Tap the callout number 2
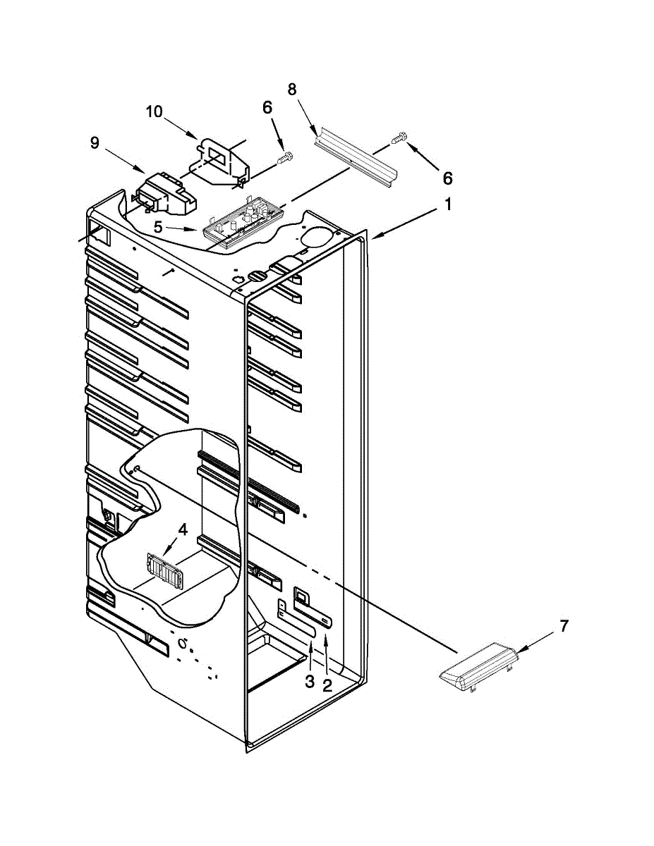pos(327,685)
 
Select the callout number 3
pos(310,681)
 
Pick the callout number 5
pos(158,227)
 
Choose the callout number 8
pos(292,89)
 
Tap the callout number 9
pos(95,142)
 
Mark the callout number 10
pos(154,111)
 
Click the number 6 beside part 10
pos(267,107)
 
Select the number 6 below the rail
pos(447,178)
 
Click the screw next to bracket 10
pos(286,159)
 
